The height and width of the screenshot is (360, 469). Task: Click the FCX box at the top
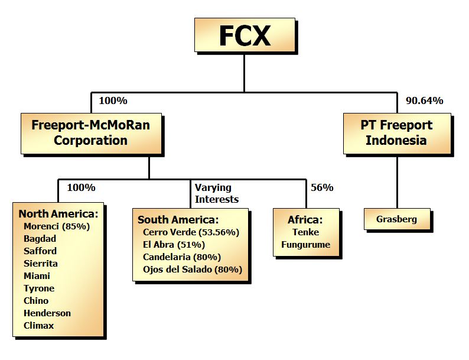tap(244, 36)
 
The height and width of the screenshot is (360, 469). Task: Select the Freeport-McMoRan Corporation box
tap(90, 133)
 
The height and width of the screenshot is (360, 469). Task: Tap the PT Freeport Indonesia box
tap(397, 133)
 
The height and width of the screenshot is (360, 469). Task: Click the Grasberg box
tap(396, 219)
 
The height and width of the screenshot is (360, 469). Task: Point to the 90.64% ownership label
tap(424, 100)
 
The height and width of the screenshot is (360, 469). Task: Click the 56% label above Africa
tap(322, 188)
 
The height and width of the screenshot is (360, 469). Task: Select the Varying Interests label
tap(216, 193)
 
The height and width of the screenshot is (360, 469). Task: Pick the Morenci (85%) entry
tap(56, 226)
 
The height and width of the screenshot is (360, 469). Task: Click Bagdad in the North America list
tap(40, 238)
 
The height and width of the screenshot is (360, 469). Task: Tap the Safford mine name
tap(40, 251)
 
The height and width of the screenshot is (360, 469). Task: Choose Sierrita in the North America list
tap(41, 263)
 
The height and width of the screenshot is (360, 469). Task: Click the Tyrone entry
tap(39, 288)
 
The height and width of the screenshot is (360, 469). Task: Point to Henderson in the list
tap(47, 313)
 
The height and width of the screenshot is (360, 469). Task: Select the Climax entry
tap(39, 325)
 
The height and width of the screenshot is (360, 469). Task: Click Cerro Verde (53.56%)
tap(191, 232)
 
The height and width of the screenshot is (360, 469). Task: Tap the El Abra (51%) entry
tap(174, 245)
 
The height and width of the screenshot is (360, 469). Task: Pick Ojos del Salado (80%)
tap(193, 270)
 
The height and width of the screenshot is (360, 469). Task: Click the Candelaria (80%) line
tap(182, 257)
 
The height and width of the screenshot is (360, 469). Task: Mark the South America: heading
tap(178, 220)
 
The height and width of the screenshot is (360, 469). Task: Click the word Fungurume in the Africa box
tap(305, 244)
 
